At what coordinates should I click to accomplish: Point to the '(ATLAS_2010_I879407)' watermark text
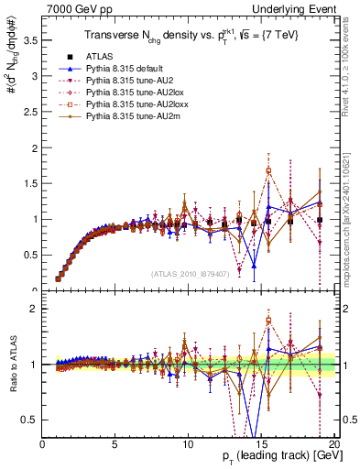point(191,274)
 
